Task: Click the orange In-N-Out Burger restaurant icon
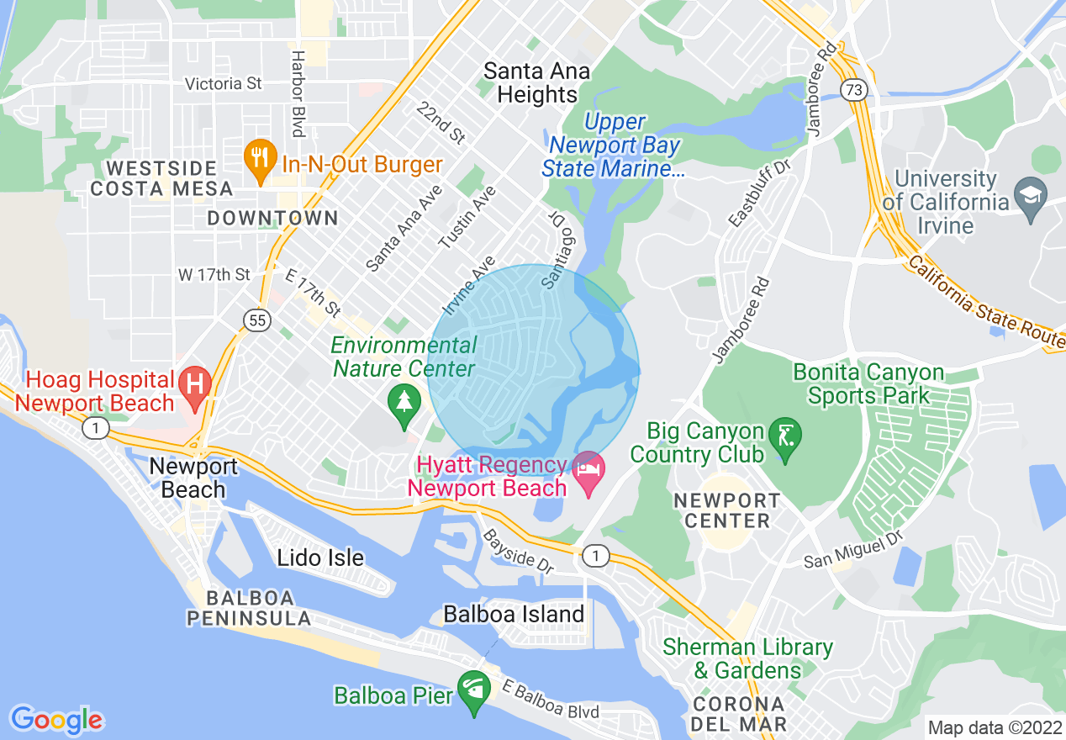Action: [261, 159]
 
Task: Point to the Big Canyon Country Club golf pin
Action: [785, 436]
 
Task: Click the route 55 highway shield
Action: [257, 319]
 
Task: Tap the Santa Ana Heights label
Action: [536, 82]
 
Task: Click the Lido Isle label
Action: [320, 558]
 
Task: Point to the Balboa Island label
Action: [514, 614]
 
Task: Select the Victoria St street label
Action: [223, 84]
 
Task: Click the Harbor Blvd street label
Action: [297, 93]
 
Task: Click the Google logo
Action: [56, 720]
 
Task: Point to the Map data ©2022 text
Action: [994, 727]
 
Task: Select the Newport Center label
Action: [727, 510]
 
